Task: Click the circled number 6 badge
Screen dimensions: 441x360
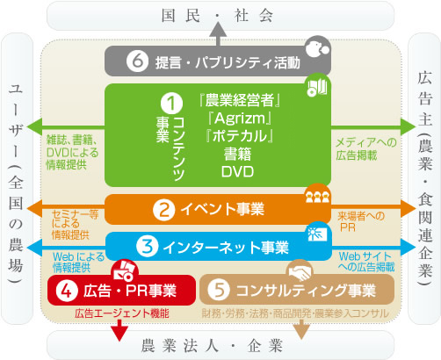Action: tap(137, 61)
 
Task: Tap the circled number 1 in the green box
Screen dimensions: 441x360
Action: tap(171, 104)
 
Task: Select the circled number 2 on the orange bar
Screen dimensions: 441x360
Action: tap(163, 210)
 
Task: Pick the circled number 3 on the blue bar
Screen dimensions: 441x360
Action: tap(148, 247)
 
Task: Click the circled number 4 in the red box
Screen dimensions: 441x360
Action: tap(67, 291)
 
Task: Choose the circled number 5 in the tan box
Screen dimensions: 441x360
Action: tap(219, 290)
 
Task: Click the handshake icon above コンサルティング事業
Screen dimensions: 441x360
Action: tap(300, 270)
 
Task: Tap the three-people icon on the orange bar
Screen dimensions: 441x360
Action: tap(317, 196)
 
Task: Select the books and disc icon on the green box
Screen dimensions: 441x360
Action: tap(317, 87)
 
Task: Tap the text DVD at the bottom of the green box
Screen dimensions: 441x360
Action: tap(237, 172)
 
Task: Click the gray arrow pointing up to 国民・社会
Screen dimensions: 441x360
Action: tap(218, 33)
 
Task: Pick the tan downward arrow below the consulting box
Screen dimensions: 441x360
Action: tap(301, 329)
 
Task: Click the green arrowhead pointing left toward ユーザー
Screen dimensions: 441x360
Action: tap(34, 126)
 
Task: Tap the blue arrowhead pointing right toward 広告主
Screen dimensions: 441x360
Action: tap(408, 248)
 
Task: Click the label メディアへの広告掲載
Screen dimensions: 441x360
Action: tap(366, 149)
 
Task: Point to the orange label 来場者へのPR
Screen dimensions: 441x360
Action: tap(361, 222)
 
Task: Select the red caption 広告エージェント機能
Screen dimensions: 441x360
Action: tap(122, 313)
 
